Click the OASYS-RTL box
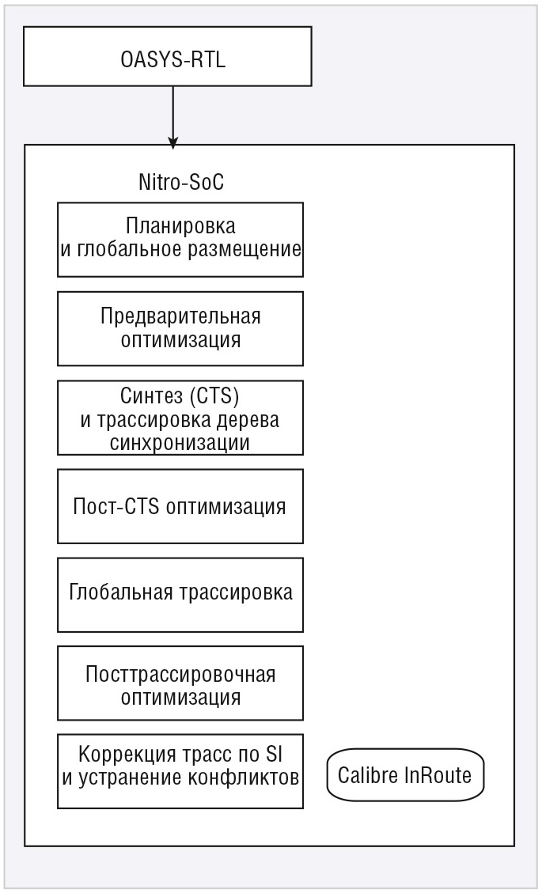(168, 56)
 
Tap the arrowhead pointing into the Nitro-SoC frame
(173, 142)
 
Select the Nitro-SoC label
(181, 182)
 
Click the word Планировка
(180, 225)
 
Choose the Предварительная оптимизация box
(180, 328)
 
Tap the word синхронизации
(180, 442)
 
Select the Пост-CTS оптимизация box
(180, 506)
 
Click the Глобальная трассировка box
(180, 595)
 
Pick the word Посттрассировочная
(180, 675)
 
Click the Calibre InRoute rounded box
(405, 774)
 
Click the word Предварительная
(180, 316)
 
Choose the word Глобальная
(120, 592)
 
